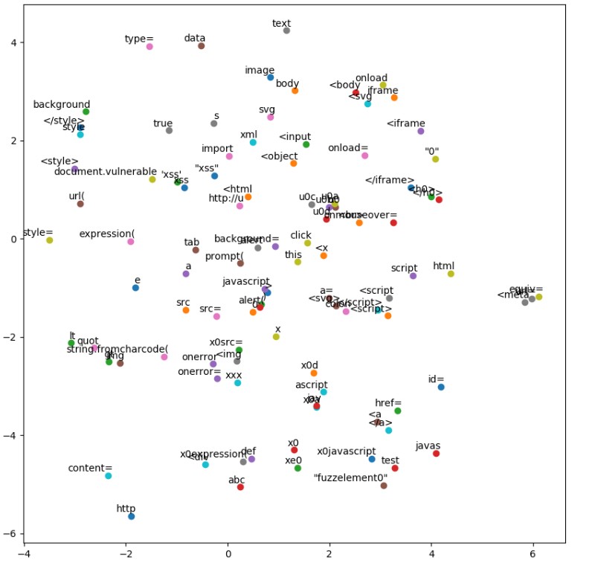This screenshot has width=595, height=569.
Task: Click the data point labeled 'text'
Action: click(x=286, y=30)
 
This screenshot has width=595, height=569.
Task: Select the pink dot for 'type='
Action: click(x=149, y=46)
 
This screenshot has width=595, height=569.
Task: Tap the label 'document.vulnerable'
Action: click(x=106, y=172)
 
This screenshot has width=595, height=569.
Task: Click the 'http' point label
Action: click(x=126, y=509)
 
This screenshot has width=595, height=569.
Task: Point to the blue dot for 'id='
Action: click(x=441, y=387)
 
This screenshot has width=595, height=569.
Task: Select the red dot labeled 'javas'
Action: click(x=436, y=454)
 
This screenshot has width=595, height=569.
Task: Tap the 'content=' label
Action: click(x=90, y=469)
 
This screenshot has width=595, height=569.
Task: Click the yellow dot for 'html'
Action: click(x=451, y=274)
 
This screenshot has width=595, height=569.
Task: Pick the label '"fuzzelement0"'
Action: click(x=350, y=478)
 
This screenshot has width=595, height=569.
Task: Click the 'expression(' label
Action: click(x=106, y=234)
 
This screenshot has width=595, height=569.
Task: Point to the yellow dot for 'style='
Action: click(x=49, y=240)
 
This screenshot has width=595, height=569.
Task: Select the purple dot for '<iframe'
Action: click(x=421, y=131)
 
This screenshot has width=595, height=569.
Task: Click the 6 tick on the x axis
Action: click(x=533, y=554)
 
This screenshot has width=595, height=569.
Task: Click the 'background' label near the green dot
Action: click(x=62, y=105)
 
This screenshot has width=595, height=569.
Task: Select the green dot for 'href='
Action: click(x=398, y=411)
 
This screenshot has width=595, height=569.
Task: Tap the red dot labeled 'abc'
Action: click(x=240, y=487)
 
